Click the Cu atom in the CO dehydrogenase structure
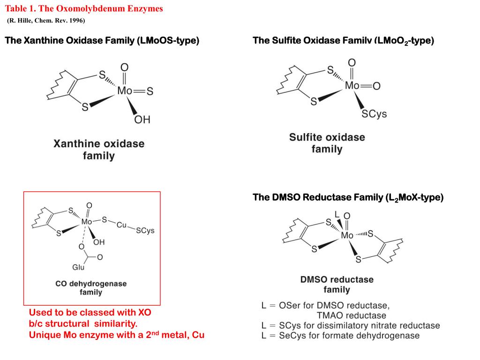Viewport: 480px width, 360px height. point(122,225)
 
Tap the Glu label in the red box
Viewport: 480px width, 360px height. point(78,268)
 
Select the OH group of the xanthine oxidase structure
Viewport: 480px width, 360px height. point(142,120)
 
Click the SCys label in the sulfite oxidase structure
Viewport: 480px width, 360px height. point(375,114)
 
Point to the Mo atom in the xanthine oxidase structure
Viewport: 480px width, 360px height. point(124,91)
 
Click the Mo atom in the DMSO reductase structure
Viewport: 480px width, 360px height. point(347,235)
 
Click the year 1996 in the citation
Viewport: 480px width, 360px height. point(75,21)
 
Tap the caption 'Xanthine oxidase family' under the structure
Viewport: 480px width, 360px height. point(99,149)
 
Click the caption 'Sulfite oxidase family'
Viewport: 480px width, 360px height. point(327,143)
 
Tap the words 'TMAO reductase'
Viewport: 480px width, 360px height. point(351,315)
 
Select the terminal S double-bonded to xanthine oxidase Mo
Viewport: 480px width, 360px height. point(150,92)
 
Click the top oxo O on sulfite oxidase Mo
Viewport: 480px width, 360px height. point(352,63)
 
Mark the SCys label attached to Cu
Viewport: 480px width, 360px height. point(145,231)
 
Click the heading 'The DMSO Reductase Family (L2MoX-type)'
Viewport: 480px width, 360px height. point(348,197)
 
